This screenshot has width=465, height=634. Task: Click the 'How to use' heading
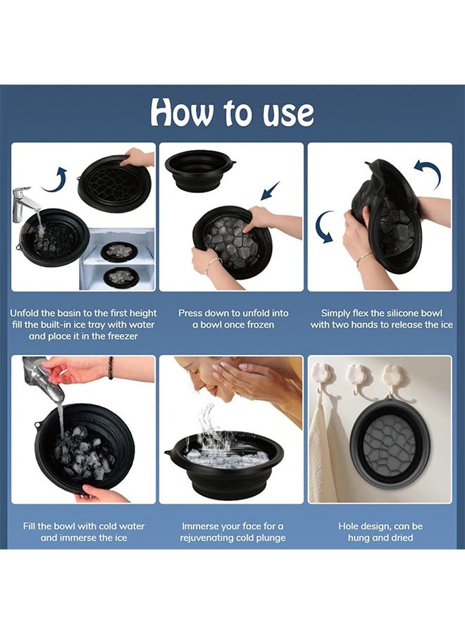tap(232, 112)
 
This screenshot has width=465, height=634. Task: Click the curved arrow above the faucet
tap(54, 180)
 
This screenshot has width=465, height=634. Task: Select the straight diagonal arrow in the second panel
tap(270, 191)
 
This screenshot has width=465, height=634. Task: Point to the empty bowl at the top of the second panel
tap(200, 170)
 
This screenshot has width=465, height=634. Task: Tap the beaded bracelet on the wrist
tap(111, 368)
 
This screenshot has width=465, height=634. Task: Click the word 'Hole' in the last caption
tap(349, 526)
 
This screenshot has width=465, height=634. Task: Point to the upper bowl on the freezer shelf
tap(118, 251)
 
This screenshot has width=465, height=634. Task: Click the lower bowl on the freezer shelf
tap(121, 277)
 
